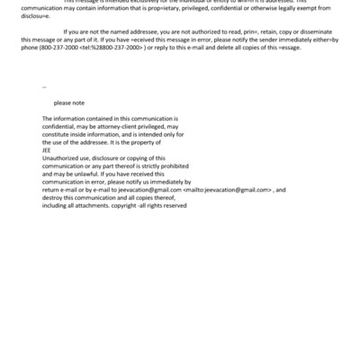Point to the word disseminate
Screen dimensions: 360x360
pyautogui.click(x=323, y=58)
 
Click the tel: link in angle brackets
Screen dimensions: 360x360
pyautogui.click(x=107, y=72)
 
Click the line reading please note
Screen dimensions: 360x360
pyautogui.click(x=68, y=103)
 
